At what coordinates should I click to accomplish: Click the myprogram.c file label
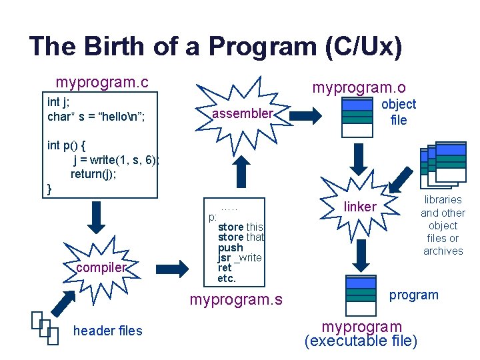[x=102, y=83]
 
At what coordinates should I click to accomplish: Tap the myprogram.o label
[x=359, y=88]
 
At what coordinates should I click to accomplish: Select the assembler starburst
[x=242, y=114]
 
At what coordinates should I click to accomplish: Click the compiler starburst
[x=101, y=267]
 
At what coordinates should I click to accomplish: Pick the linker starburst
[x=360, y=207]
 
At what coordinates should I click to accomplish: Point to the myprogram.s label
[x=236, y=300]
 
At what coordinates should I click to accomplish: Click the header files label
[x=107, y=331]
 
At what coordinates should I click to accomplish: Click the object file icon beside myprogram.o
[x=357, y=117]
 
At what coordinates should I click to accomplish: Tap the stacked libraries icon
[x=443, y=164]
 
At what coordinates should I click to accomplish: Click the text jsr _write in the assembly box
[x=239, y=258]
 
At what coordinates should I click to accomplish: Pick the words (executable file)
[x=361, y=342]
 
